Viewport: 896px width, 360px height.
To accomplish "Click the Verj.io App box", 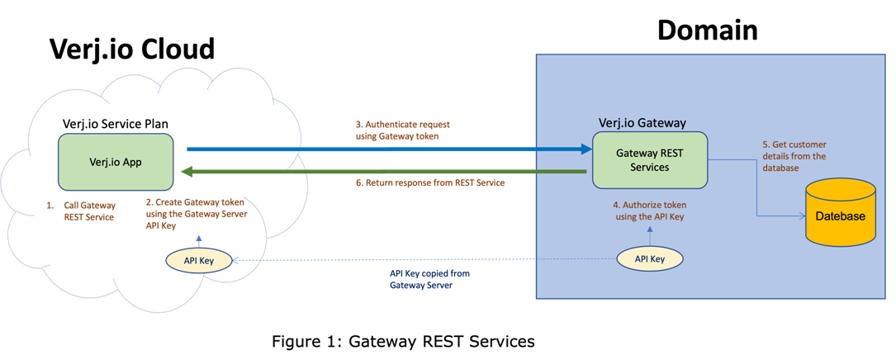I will [116, 162].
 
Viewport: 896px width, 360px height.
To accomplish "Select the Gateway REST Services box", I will [648, 159].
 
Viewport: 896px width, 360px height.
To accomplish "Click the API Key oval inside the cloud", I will [198, 260].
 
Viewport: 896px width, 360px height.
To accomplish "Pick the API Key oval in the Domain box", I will [650, 259].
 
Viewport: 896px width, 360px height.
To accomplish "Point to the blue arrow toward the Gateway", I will [388, 149].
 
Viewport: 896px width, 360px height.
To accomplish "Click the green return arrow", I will [388, 171].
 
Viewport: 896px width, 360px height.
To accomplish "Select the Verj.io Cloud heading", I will [132, 49].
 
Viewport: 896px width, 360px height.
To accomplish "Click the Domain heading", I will [707, 31].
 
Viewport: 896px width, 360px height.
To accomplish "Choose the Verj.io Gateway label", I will [642, 123].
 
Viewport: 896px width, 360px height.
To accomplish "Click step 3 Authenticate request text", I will [402, 130].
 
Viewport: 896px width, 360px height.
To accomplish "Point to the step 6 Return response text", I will [429, 183].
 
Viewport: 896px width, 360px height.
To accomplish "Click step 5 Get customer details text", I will [794, 156].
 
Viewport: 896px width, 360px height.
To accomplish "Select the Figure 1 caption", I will [404, 340].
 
